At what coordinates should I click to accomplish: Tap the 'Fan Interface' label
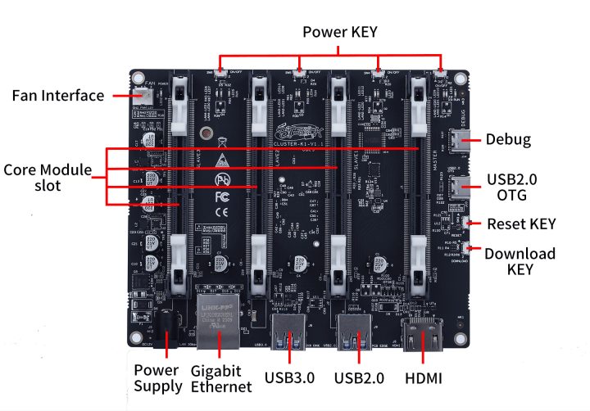tap(57, 96)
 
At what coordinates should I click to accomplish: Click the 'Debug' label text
tap(508, 139)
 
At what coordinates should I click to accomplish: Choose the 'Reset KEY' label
tap(521, 224)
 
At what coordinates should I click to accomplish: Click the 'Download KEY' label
tap(520, 261)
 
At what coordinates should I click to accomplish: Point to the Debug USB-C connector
tap(460, 140)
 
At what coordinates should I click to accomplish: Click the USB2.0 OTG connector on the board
tap(460, 185)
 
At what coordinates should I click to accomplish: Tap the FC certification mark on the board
tap(220, 197)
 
